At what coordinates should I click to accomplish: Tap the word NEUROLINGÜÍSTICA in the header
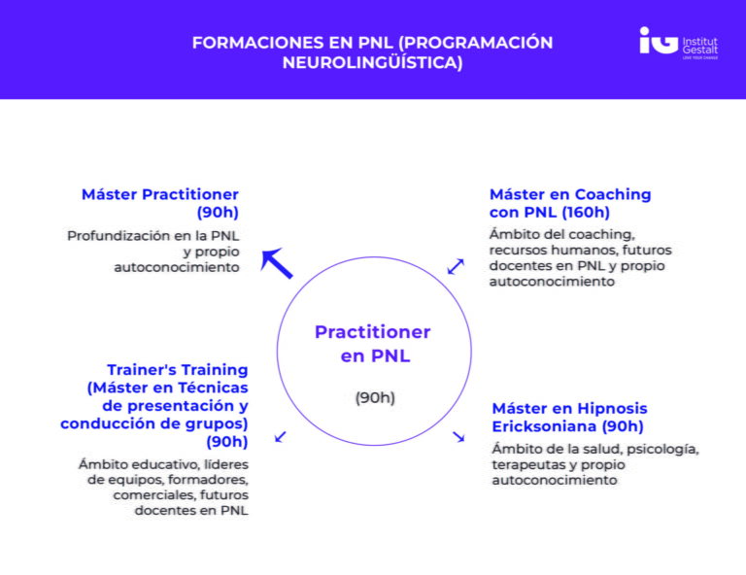pos(372,63)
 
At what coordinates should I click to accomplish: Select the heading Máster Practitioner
pos(160,194)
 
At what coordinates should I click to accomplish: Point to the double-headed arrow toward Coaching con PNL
pos(456,265)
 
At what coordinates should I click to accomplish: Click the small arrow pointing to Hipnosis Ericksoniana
pos(458,437)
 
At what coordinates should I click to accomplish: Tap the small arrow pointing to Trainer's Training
pos(280,437)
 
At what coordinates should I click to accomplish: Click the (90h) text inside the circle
pos(374,397)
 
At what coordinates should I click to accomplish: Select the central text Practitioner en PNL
pos(373,344)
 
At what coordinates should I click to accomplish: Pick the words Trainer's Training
pos(177,370)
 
